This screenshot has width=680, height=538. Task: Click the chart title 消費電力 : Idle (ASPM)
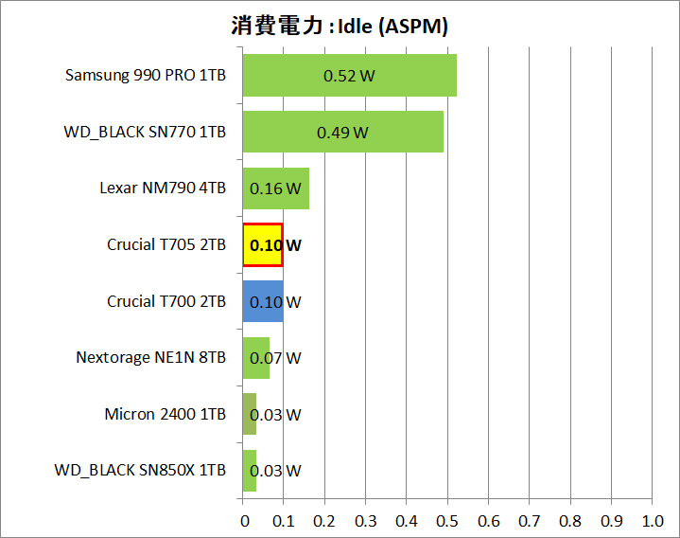coord(340,26)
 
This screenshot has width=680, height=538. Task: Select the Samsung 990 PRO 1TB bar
coord(349,76)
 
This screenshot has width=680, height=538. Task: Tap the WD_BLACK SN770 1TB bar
coord(342,132)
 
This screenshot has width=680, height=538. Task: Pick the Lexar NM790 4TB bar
coord(275,188)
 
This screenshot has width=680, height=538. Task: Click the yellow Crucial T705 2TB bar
coord(263,245)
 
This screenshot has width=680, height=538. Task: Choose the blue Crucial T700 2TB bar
coord(263,301)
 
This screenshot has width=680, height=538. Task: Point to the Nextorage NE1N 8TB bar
coord(256,358)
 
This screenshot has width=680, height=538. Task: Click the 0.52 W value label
coord(349,76)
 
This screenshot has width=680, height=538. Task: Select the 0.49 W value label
coord(342,132)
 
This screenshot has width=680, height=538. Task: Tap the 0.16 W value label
coord(275,188)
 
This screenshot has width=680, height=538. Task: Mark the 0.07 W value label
coord(275,358)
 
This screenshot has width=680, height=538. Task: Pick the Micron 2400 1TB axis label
coord(166,414)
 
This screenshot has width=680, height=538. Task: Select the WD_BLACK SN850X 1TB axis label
coord(140,471)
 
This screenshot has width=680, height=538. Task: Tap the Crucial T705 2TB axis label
coord(166,244)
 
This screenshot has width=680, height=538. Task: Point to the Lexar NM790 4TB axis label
coord(163,188)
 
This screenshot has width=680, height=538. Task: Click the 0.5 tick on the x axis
coord(447,521)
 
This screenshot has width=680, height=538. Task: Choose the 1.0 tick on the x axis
coord(653,521)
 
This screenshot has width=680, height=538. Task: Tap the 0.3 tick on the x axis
coord(366,521)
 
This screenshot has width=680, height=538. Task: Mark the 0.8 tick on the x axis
coord(570,521)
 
